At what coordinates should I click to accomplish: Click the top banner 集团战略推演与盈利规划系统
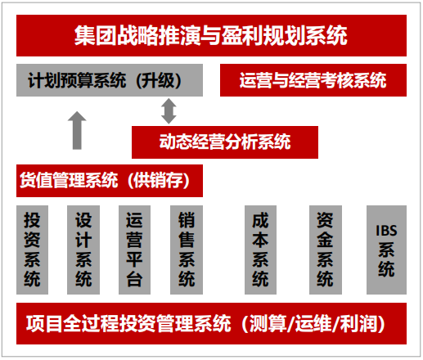211,36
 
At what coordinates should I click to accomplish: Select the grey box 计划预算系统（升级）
110,80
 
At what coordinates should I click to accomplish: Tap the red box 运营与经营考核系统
313,80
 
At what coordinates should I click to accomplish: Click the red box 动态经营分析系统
225,142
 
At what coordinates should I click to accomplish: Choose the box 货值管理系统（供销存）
110,181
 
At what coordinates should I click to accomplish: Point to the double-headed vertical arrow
169,111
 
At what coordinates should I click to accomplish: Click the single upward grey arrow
77,130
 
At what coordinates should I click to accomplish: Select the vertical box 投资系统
32,250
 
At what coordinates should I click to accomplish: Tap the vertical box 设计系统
83,250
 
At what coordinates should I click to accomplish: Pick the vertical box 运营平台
134,250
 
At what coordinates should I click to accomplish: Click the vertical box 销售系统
187,250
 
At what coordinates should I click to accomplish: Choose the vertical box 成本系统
260,250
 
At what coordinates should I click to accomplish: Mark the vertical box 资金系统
326,250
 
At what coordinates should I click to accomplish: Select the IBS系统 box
386,250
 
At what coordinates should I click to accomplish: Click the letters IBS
386,231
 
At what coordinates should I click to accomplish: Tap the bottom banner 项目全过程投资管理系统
211,323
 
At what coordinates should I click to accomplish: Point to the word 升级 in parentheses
159,80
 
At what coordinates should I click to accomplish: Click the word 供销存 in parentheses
159,181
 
